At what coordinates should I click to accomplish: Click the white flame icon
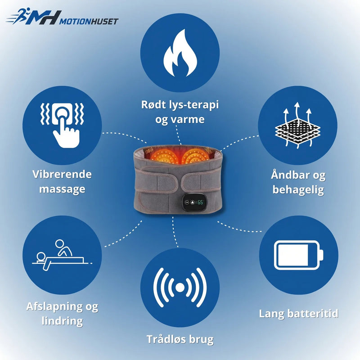tap(180, 54)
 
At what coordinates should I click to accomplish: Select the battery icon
tap(298, 255)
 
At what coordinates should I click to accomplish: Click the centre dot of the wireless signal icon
tap(180, 287)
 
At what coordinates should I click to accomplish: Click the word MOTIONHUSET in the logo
tap(89, 21)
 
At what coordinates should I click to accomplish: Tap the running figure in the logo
tap(18, 16)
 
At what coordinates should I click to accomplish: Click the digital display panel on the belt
tap(194, 202)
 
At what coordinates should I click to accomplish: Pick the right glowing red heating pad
tap(196, 156)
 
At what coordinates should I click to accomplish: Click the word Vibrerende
tap(62, 174)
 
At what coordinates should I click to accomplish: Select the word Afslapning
tap(54, 307)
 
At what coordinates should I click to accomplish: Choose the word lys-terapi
tap(193, 105)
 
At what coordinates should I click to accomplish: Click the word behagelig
tap(298, 190)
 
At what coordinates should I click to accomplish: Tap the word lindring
tap(62, 321)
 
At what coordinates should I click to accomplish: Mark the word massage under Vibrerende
tap(62, 189)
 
